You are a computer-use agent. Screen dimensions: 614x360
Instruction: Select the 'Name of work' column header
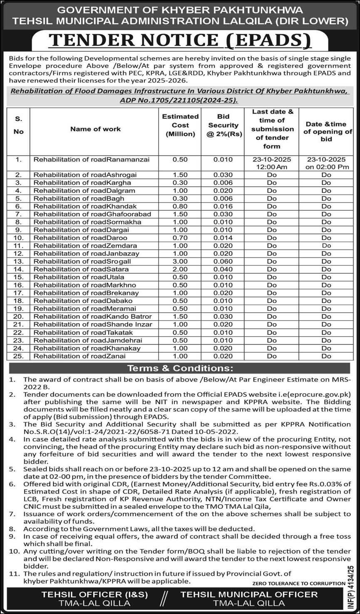coord(95,129)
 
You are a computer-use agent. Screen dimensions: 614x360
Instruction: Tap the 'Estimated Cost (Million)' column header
coord(180,125)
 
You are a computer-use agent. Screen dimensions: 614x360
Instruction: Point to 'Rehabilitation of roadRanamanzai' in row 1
coord(92,159)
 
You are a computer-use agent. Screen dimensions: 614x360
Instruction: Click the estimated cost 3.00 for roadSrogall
coord(180,261)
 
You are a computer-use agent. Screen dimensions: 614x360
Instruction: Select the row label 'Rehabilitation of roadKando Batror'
coord(93,317)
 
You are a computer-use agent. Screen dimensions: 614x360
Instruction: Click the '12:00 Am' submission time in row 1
coord(272,167)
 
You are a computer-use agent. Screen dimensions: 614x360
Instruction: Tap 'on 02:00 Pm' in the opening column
coord(326,167)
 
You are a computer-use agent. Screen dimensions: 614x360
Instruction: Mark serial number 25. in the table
coord(18,356)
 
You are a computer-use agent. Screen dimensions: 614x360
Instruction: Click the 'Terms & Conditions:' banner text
coord(180,368)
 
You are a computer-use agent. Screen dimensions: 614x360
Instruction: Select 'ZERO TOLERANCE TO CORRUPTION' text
coord(298,583)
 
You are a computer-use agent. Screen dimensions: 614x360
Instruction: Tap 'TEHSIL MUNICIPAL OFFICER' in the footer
coord(249,594)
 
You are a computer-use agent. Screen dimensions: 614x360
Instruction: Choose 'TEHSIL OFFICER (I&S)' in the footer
coord(94,594)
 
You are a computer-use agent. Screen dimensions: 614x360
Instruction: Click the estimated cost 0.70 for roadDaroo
coord(180,238)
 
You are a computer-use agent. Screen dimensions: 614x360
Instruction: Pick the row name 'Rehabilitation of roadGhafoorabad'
coord(92,214)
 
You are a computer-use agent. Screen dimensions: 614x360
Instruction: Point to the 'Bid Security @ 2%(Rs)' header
coord(223,125)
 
